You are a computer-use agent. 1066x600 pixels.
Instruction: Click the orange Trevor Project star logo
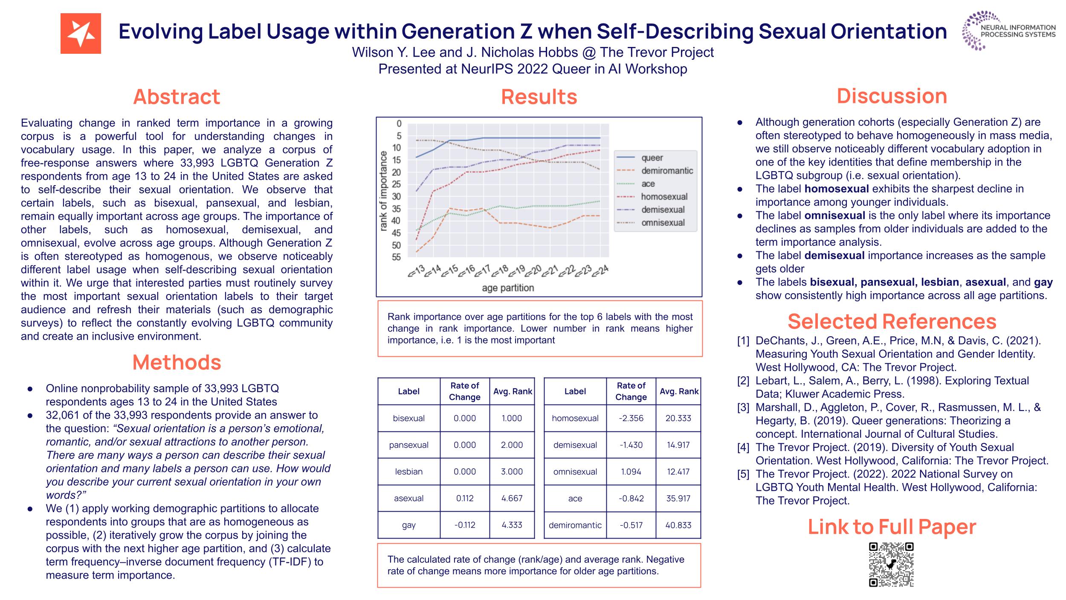tap(81, 33)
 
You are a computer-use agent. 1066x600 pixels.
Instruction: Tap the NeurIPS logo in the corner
tap(1008, 31)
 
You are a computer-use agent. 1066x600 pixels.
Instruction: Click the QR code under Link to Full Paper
tap(891, 564)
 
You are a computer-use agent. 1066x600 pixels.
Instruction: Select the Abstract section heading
tap(177, 97)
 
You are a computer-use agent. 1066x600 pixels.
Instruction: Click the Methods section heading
tap(177, 362)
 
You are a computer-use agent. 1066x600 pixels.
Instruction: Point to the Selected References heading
tap(892, 321)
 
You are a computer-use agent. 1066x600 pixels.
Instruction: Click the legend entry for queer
tap(652, 158)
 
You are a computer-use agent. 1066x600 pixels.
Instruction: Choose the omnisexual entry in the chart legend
tap(663, 223)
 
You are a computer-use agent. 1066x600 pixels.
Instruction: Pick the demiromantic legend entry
tap(667, 171)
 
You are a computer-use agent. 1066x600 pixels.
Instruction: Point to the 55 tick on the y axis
tap(397, 257)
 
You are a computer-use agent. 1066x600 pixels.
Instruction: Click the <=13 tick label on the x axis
tap(417, 271)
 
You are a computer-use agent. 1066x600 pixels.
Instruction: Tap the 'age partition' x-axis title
tap(508, 288)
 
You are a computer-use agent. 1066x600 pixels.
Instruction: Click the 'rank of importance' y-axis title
tap(383, 191)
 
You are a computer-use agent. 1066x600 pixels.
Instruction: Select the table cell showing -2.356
tap(631, 418)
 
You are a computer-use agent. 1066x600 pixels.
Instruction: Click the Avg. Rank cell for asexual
tap(512, 498)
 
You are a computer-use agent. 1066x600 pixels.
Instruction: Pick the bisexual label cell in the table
tap(408, 418)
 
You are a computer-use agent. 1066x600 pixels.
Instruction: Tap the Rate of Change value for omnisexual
tap(631, 472)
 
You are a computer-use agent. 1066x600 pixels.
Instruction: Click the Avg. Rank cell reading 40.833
tap(678, 525)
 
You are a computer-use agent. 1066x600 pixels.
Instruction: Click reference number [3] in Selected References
tap(743, 407)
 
